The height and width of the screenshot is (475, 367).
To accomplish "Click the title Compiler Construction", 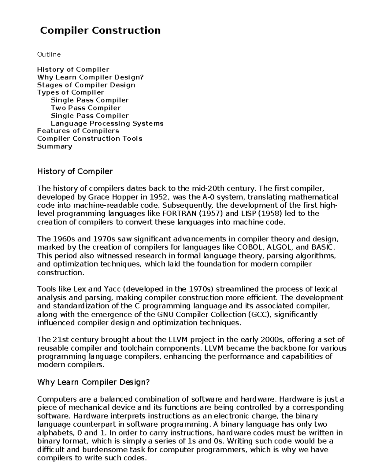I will [x=100, y=31].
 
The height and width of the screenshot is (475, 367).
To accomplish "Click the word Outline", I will [x=49, y=54].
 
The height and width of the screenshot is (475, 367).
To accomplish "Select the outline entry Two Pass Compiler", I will [x=86, y=108].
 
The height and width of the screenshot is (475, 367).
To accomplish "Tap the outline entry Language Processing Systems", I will [x=107, y=124].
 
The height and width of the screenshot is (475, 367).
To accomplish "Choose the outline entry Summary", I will [x=54, y=146].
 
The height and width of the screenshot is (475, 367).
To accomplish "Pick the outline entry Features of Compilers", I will [x=78, y=131].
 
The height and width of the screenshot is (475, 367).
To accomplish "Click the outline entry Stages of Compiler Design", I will [x=86, y=85].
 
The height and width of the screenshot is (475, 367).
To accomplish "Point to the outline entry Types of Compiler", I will [x=71, y=92].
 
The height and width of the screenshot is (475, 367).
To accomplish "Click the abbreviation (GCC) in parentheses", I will [x=260, y=315].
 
